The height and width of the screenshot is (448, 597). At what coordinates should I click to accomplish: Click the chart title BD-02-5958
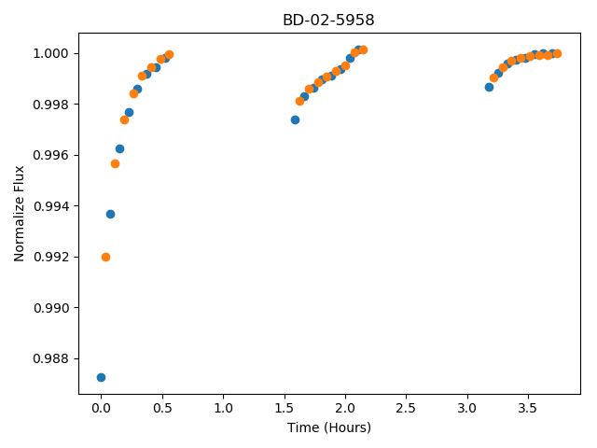(328, 20)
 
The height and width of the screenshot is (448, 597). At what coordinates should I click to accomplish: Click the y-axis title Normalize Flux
(19, 214)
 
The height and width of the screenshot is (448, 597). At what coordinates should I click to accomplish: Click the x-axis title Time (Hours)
(329, 427)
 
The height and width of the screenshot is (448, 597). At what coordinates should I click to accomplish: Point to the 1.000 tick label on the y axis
(50, 53)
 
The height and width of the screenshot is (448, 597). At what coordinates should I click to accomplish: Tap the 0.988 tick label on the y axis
(50, 358)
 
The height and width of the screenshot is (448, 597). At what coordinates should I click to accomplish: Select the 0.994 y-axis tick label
(50, 206)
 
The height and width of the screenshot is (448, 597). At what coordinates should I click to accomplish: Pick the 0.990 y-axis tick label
(50, 308)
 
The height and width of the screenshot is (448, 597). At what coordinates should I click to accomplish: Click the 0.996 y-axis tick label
(50, 155)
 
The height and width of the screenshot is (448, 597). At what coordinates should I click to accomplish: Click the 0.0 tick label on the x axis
(101, 408)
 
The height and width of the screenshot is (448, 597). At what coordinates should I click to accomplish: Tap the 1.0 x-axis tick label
(223, 408)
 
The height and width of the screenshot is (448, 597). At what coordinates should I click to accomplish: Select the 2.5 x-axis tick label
(406, 408)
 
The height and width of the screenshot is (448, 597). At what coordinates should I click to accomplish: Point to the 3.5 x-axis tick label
(528, 408)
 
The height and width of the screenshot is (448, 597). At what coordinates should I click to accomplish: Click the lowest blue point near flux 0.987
(101, 377)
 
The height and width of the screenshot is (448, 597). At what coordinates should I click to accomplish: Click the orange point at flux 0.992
(105, 258)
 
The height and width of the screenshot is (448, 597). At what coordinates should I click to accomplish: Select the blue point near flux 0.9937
(110, 214)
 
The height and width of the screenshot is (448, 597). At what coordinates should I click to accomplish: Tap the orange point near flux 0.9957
(115, 164)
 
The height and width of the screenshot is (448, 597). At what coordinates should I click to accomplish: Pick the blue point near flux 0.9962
(119, 149)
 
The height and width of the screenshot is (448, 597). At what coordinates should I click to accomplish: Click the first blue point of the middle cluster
(295, 120)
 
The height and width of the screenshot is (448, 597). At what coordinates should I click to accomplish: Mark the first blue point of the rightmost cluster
(489, 87)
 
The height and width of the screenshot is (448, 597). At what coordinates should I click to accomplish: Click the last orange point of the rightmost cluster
(557, 54)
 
